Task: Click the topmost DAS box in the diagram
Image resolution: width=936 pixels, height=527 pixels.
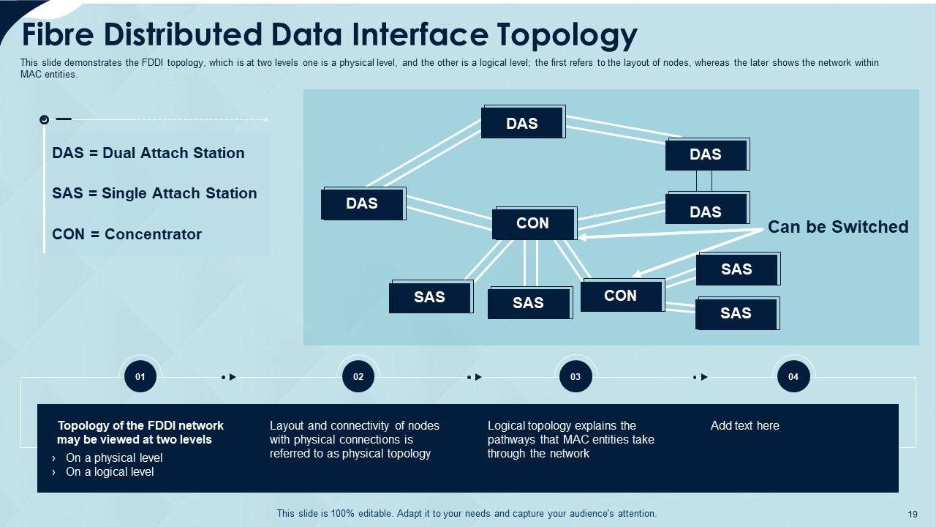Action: (522, 123)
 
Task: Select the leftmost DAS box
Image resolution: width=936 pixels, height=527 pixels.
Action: (363, 203)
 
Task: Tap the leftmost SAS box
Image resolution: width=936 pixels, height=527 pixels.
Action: (430, 296)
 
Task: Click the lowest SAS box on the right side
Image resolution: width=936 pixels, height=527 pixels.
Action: (736, 313)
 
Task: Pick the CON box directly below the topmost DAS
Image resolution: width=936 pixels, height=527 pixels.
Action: (533, 223)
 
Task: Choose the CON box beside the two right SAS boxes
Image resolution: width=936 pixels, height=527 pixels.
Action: (621, 296)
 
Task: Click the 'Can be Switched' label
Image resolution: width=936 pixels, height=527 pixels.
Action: (837, 227)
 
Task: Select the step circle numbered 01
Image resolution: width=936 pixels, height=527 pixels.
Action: (140, 377)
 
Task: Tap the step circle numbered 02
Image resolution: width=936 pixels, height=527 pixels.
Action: (358, 377)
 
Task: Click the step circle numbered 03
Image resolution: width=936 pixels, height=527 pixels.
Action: (575, 377)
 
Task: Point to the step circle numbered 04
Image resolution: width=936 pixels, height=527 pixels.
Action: (793, 377)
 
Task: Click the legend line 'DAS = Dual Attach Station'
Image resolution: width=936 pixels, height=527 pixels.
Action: (148, 153)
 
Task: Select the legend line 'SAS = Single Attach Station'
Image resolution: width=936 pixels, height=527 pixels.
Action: (154, 193)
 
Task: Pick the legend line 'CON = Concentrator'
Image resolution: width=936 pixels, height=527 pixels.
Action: (127, 234)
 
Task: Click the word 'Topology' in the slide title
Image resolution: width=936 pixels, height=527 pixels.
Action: (567, 34)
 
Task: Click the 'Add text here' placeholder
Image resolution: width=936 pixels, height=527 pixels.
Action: (744, 426)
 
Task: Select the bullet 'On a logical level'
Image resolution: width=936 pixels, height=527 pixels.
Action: (110, 472)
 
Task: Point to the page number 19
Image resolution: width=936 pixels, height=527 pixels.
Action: (911, 515)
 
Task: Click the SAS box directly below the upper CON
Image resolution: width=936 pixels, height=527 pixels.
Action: (529, 303)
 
